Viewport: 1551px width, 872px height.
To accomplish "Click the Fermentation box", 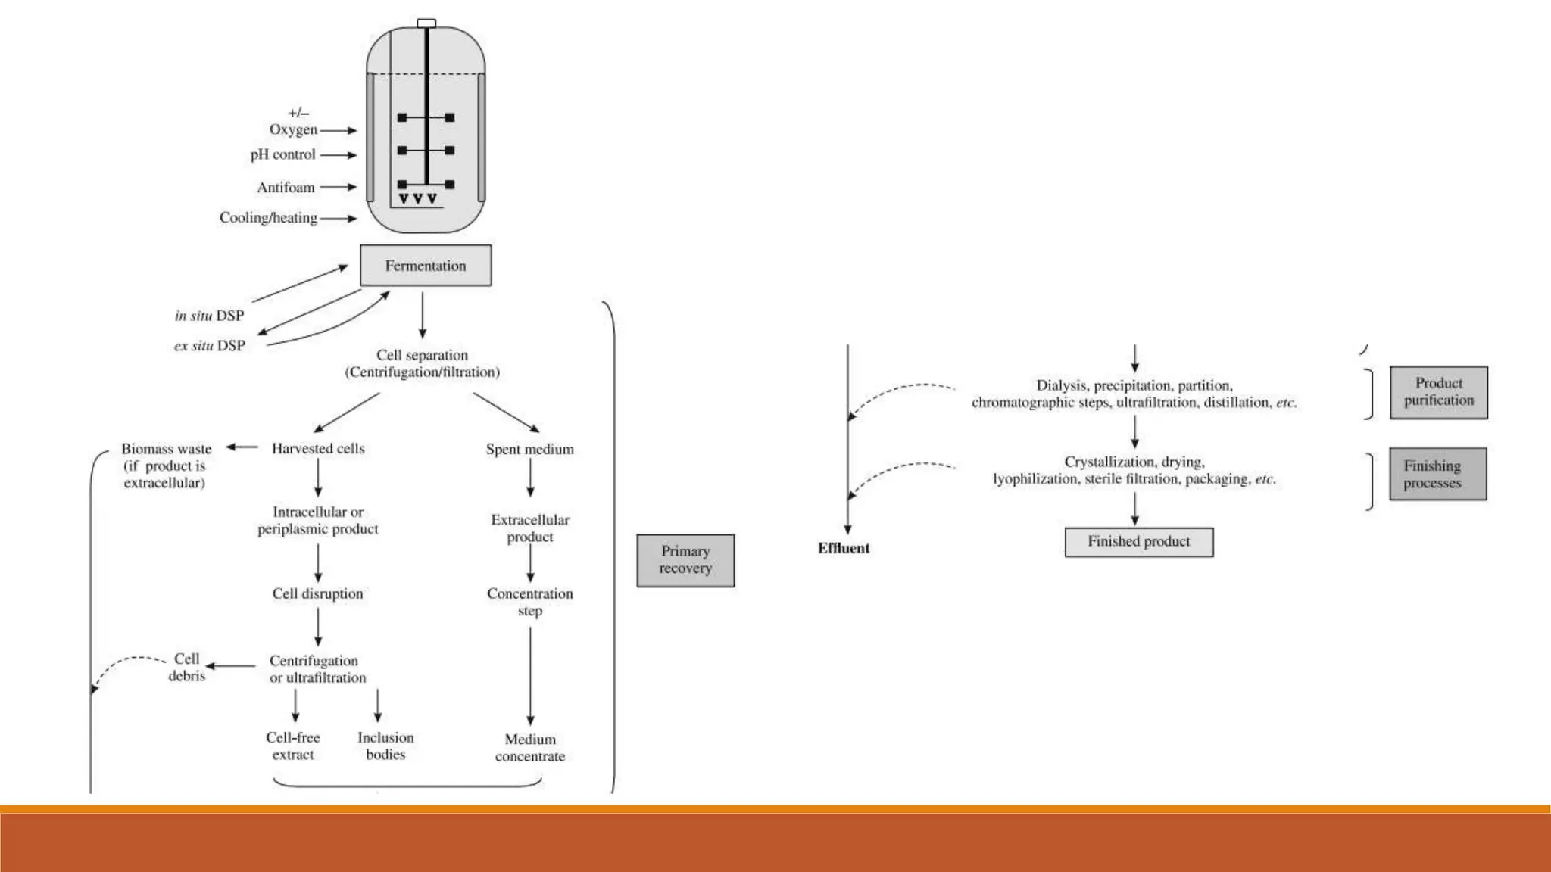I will click(425, 266).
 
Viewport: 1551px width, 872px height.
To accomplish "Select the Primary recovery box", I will click(685, 560).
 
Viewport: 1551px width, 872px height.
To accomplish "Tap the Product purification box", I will click(1438, 392).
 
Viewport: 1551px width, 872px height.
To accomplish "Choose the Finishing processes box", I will click(1437, 474).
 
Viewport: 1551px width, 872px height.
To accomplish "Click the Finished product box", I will click(1138, 542).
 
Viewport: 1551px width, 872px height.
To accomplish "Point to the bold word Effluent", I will click(843, 548).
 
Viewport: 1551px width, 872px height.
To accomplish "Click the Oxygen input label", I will click(293, 129).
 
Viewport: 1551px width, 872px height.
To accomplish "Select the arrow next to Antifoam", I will click(338, 187).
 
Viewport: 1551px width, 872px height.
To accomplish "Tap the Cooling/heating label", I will click(268, 218).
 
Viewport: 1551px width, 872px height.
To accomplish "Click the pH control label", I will click(282, 154).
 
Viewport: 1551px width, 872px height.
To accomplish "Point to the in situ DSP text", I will click(209, 316).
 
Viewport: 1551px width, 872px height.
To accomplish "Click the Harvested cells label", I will click(318, 448).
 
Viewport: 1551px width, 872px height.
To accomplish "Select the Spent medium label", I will click(529, 449).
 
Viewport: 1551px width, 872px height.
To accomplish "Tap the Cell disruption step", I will click(317, 593).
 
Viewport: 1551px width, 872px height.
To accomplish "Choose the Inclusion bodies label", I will click(385, 746).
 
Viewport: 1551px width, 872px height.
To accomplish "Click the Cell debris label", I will click(186, 667).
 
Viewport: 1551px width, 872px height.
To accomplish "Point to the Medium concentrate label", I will click(529, 747).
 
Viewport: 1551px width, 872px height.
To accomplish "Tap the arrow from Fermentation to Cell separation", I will click(423, 315).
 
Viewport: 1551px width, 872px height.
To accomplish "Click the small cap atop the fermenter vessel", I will click(426, 23).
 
